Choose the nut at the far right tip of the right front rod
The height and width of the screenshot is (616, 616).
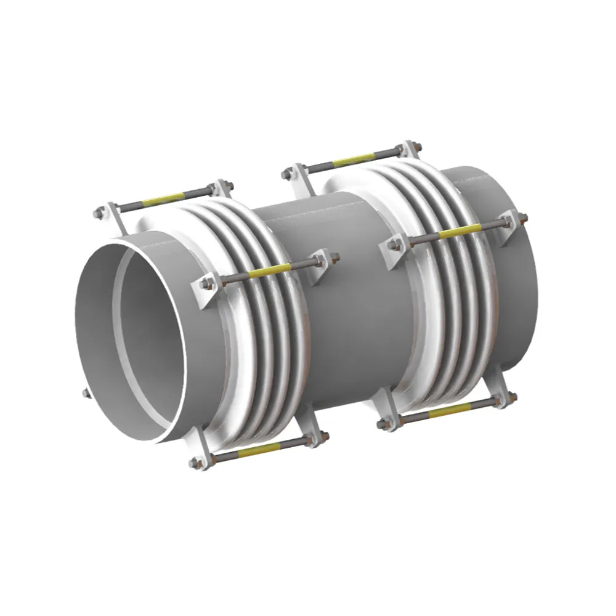click(522, 217)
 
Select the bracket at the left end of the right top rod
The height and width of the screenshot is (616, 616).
click(300, 174)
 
